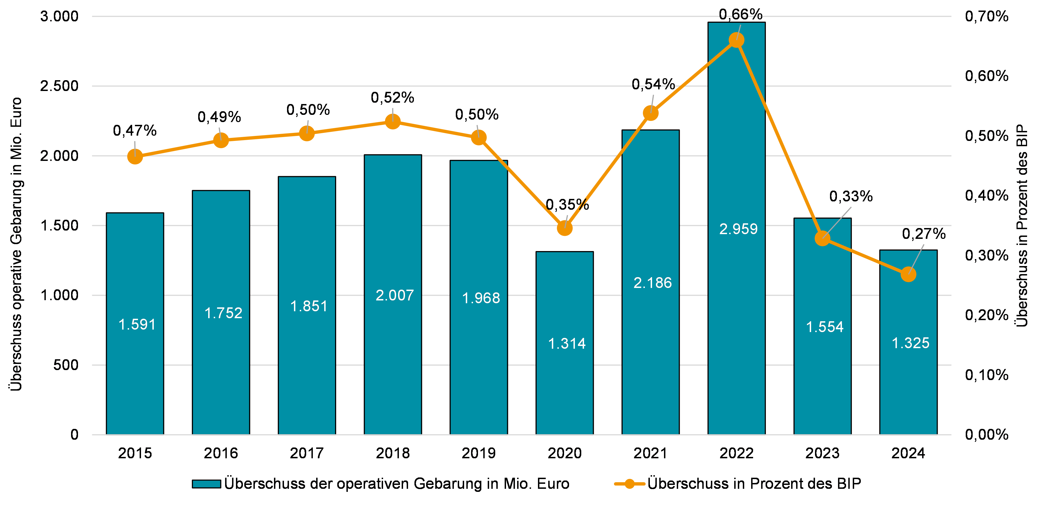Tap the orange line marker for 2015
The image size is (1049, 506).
135,156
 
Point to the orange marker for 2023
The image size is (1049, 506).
822,239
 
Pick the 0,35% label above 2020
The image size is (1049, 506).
567,204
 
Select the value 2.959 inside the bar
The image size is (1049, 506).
738,229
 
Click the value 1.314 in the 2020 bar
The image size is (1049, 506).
567,344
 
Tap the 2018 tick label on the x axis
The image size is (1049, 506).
393,453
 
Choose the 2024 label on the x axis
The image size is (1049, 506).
908,453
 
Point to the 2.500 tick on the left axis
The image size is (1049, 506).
59,86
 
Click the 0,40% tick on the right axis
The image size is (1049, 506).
986,195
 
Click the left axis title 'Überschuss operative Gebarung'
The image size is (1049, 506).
16,244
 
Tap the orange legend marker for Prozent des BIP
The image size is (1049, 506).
630,484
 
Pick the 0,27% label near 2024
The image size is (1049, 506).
924,234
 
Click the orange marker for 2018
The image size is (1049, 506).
393,121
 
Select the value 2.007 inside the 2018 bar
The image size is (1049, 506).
394,295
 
